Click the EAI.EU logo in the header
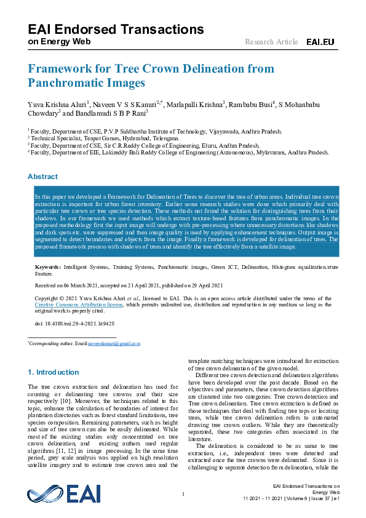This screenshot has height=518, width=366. tap(320, 42)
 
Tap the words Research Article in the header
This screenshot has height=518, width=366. tap(271, 42)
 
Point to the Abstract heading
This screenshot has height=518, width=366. tap(42, 177)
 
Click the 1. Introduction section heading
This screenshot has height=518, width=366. tap(54, 372)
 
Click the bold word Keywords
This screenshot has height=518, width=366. tap(47, 267)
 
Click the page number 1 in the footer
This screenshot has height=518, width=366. tap(183, 495)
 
